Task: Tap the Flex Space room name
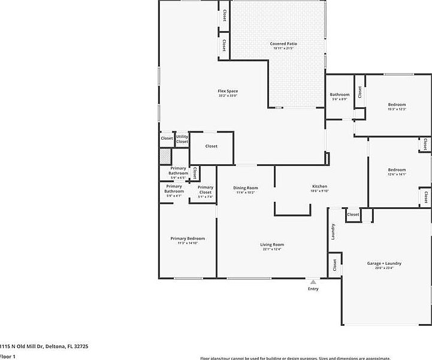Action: (228, 91)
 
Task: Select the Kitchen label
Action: (319, 186)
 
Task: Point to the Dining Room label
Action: (245, 188)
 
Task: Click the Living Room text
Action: (271, 244)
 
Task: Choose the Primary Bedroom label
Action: (188, 238)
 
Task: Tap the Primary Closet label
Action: (206, 189)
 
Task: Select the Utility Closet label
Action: (182, 139)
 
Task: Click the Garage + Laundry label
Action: (384, 263)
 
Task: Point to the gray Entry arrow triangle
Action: (313, 282)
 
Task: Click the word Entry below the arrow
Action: (313, 289)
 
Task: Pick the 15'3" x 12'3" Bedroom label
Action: (397, 105)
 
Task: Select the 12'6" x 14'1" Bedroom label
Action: (397, 170)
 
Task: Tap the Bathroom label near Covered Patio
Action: (340, 95)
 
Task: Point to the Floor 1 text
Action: (8, 356)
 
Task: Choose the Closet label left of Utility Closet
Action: (167, 138)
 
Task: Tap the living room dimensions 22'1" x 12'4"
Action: (271, 250)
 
